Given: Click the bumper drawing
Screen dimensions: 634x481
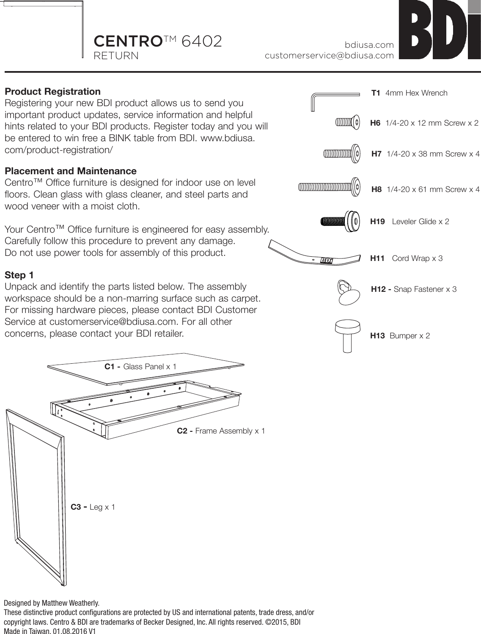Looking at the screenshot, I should [x=347, y=335].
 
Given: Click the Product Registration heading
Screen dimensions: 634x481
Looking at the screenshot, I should [x=52, y=92].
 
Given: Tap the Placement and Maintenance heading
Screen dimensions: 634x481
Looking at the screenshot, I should [x=70, y=171].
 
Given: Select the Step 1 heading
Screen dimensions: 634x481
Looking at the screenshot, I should [x=19, y=275].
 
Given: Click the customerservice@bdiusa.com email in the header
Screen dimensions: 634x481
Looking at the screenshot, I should [x=329, y=55].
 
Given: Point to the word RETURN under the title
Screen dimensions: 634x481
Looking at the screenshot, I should [x=116, y=56].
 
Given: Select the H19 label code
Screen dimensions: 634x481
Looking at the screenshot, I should [x=377, y=222].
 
